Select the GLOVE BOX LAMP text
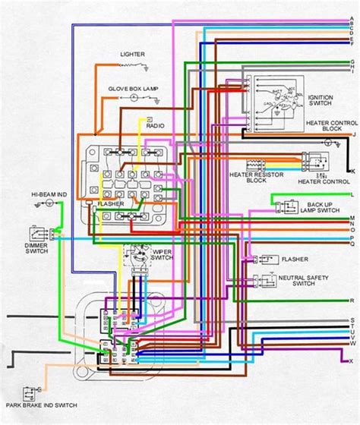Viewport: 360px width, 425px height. [132, 89]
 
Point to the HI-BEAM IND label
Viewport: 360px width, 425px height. [28, 195]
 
